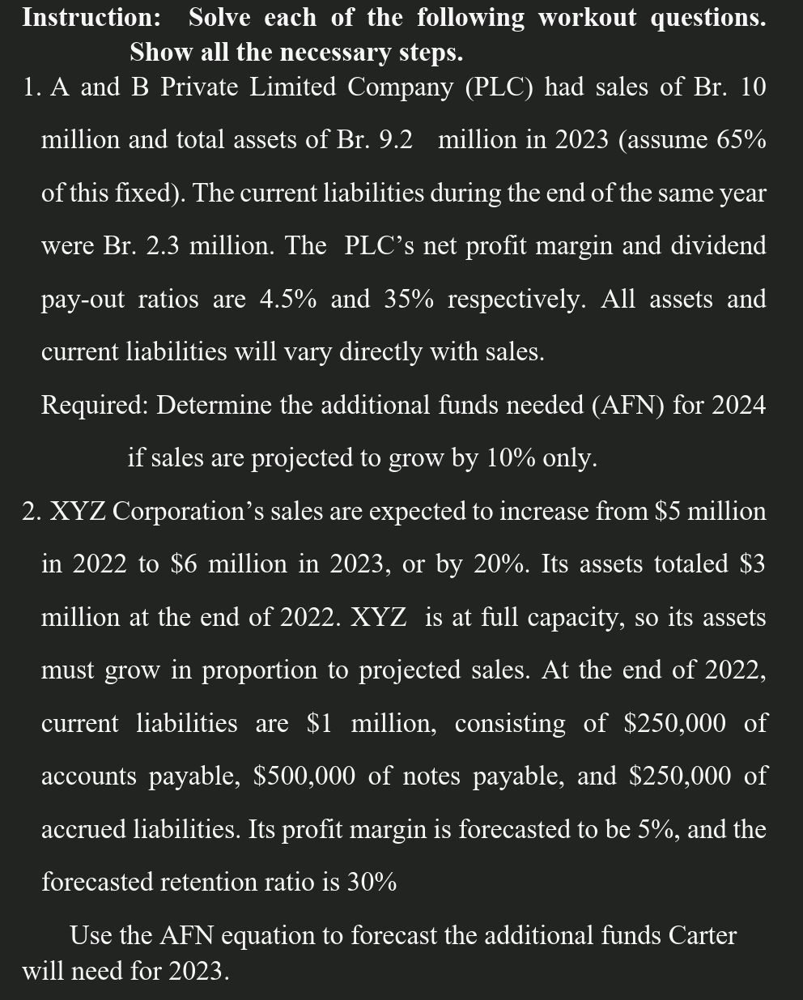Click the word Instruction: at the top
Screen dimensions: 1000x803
pos(91,17)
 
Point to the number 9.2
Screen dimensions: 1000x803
pos(395,140)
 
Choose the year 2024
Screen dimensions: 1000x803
pos(738,404)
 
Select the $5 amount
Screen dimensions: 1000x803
pos(669,512)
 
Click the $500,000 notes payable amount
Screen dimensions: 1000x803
pos(304,777)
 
